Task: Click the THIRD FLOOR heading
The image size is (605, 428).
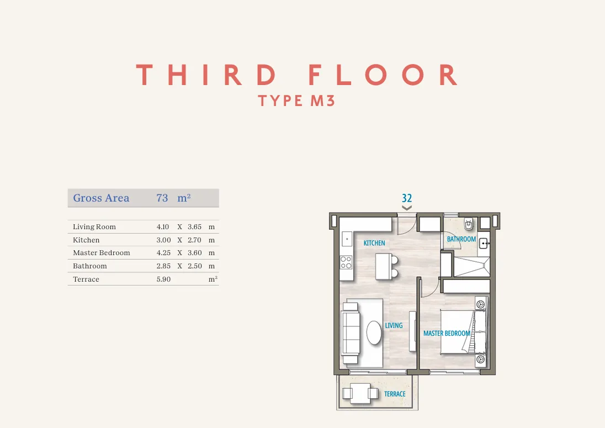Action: pos(297,75)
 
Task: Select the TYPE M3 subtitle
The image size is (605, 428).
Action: pos(296,101)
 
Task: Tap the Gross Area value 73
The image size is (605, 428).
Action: pos(162,198)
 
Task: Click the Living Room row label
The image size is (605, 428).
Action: pos(94,227)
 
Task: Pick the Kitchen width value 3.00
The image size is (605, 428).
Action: pos(163,240)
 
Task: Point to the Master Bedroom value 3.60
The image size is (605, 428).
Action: pos(195,253)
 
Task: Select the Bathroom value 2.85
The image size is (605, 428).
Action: pos(163,266)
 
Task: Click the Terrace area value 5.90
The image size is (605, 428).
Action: pos(163,279)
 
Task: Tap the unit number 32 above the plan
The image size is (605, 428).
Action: pos(407,198)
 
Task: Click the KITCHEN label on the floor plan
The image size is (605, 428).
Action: pos(374,243)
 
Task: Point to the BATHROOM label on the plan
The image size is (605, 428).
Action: pos(461,239)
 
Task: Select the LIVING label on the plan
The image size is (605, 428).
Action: pos(394,326)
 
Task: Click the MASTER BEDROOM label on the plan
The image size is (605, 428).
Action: pos(447,334)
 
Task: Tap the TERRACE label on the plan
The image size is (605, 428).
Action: pos(395,394)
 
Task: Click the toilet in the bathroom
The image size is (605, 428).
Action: pos(469,224)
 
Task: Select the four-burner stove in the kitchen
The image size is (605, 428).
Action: pos(346,263)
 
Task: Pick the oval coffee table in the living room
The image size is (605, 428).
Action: pos(374,332)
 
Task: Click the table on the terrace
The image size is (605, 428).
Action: pos(360,393)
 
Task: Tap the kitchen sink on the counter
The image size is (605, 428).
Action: pos(347,239)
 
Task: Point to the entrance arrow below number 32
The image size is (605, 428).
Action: pos(407,208)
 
